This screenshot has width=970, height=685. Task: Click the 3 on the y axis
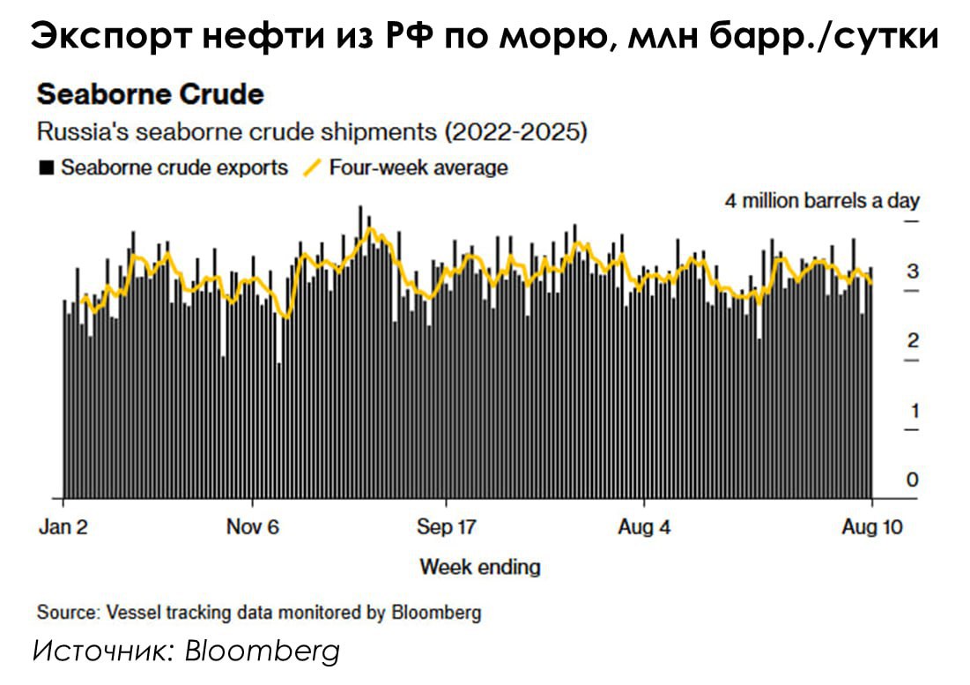click(913, 272)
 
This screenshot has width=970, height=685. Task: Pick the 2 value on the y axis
click(913, 341)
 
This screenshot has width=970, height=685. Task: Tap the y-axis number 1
click(913, 411)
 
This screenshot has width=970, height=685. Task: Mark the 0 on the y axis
click(913, 480)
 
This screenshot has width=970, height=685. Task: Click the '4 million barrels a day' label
click(822, 201)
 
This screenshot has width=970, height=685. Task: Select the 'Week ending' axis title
click(479, 566)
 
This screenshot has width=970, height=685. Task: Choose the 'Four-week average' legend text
click(418, 168)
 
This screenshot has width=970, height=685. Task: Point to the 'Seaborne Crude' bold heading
click(150, 94)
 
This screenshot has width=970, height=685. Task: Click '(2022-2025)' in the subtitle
click(515, 133)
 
